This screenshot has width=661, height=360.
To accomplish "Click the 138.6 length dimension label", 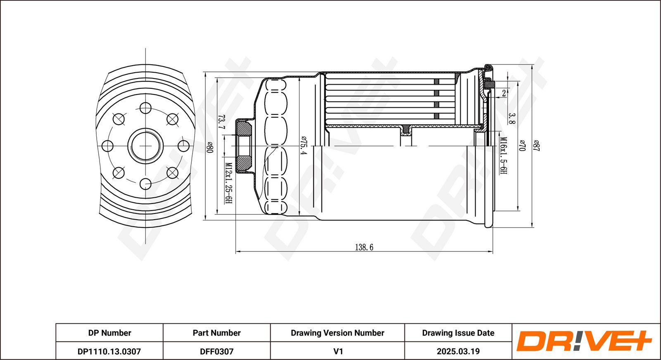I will [x=364, y=247].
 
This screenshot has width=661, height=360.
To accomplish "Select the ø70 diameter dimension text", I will [x=522, y=145].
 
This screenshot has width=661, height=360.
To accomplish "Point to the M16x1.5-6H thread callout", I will [x=503, y=156].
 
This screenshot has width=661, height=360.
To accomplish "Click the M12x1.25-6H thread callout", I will [x=228, y=183].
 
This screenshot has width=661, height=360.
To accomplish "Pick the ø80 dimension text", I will [x=209, y=147].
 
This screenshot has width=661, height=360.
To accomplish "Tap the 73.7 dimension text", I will [x=221, y=122].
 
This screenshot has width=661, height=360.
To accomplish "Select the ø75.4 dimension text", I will [x=304, y=145].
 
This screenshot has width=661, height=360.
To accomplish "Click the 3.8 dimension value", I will [x=511, y=119].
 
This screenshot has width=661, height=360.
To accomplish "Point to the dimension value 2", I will [x=504, y=93].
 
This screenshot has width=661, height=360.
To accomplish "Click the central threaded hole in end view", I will [x=145, y=146].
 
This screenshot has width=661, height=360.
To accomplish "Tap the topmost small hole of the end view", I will [x=145, y=108].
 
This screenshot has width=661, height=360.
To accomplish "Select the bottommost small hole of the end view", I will [x=145, y=183].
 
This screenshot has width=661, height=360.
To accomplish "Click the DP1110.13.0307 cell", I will [x=109, y=351].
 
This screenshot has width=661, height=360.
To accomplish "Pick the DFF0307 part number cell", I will [x=216, y=351].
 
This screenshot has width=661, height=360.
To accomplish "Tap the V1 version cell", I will [x=338, y=351].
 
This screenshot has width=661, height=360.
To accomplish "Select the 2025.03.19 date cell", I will [x=458, y=351].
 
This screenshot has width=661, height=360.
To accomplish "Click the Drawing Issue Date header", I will [x=458, y=333].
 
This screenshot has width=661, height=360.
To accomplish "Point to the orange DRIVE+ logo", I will [x=584, y=341].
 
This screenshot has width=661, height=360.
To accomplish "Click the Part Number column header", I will [x=216, y=333].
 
